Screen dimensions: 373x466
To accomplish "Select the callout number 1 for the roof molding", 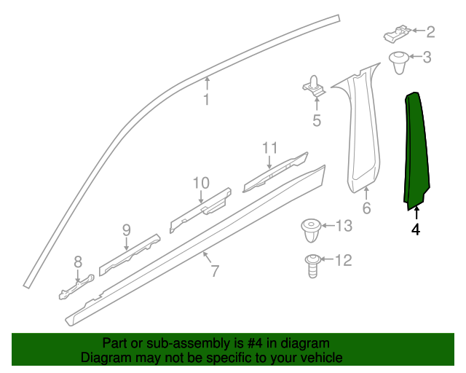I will coord(206,100).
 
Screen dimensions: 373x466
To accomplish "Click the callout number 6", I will coord(366,209).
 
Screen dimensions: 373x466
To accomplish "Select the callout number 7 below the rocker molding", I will coord(215,272).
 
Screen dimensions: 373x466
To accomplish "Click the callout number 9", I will coord(126,230).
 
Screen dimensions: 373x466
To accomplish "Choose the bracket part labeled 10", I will coord(201,208).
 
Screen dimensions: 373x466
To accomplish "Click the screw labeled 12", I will coord(312,265).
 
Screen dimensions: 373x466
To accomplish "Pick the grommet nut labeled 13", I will coord(310,231).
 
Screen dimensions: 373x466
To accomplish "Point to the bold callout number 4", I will coord(416,230).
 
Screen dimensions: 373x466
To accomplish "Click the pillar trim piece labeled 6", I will coord(360,131).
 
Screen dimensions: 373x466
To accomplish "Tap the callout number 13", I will coord(343,227).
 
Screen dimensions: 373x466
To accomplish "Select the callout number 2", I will coord(430,31).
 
